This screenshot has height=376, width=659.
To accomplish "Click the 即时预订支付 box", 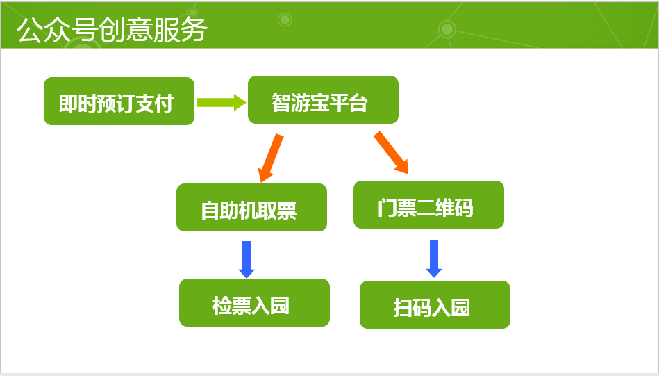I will point(119,101).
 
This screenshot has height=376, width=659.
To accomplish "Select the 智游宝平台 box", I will point(323,100).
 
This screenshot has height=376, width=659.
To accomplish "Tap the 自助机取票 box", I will point(251,207).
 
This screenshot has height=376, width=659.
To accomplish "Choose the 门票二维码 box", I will point(428,204).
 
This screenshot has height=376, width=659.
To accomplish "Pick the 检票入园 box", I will point(254,302).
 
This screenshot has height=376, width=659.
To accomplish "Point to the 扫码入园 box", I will point(435,304).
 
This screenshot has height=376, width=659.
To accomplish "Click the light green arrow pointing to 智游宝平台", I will point(221,102).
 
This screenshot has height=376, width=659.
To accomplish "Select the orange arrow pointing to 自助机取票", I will point(270,158).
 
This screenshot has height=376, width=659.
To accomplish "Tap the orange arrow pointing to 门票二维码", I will point(391,152).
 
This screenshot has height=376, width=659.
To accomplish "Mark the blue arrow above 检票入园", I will point(247,259).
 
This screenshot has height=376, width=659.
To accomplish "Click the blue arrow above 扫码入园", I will point(434,258).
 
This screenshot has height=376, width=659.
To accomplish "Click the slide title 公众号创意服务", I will point(112,30).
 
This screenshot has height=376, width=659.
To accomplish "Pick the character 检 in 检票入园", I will point(222,306).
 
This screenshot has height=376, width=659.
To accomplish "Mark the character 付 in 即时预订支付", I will point(163,104).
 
